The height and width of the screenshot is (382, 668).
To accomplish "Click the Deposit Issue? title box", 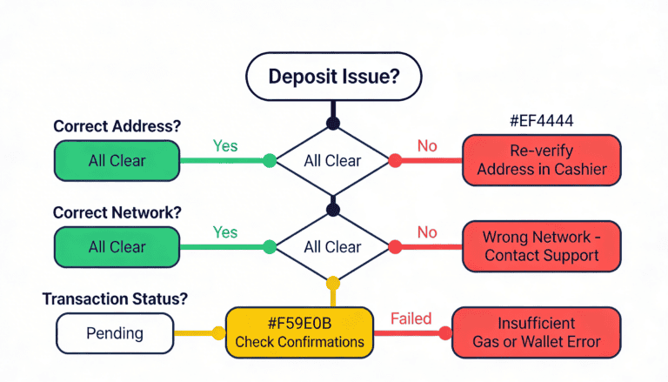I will pyautogui.click(x=334, y=76).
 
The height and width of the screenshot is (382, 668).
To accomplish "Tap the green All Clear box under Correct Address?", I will pyautogui.click(x=117, y=160).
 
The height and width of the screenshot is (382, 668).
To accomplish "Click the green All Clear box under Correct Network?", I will pyautogui.click(x=117, y=247).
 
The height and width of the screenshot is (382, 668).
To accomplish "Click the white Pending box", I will pyautogui.click(x=116, y=333).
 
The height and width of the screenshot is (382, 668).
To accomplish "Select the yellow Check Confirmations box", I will pyautogui.click(x=299, y=333).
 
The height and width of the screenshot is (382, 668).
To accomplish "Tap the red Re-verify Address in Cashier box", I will pyautogui.click(x=541, y=160).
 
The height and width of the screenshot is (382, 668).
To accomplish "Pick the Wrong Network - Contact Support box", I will pyautogui.click(x=541, y=246).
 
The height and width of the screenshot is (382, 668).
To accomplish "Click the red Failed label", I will pyautogui.click(x=411, y=318).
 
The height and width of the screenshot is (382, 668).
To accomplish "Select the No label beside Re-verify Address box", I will pyautogui.click(x=427, y=145).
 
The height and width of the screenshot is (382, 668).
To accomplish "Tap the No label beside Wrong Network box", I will pyautogui.click(x=427, y=232).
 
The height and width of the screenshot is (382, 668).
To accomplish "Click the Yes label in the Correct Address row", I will pyautogui.click(x=225, y=145).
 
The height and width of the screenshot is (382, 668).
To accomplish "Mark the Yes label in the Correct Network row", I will pyautogui.click(x=225, y=232).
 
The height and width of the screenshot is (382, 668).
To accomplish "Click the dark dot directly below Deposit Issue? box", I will pyautogui.click(x=331, y=123).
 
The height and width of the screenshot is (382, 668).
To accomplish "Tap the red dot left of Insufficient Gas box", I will pyautogui.click(x=444, y=333).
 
